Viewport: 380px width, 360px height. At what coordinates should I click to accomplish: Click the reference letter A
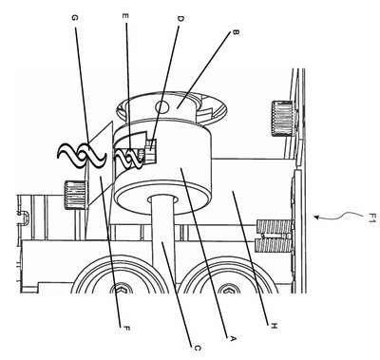(232, 339)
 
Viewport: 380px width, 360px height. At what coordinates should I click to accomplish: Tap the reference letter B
(236, 32)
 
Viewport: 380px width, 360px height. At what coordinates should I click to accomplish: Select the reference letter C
(197, 348)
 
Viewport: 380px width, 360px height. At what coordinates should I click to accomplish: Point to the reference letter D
(180, 19)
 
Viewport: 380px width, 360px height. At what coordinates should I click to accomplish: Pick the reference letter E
(125, 16)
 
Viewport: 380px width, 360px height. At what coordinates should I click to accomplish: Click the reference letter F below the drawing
(126, 329)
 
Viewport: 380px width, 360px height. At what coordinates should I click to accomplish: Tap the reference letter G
(74, 18)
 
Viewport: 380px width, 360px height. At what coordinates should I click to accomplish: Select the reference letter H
(274, 326)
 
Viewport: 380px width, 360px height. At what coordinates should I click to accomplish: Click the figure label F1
(372, 218)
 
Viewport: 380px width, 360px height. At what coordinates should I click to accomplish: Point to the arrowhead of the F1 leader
(315, 217)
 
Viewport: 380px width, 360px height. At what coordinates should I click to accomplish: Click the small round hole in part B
(162, 106)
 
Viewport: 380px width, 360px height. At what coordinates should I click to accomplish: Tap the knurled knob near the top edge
(282, 119)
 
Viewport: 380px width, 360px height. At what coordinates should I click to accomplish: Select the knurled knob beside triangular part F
(75, 195)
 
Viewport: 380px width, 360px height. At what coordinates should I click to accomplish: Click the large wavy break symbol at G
(81, 155)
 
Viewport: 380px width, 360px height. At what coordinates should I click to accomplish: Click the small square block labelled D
(151, 149)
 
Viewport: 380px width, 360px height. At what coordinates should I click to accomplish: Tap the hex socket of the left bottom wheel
(121, 289)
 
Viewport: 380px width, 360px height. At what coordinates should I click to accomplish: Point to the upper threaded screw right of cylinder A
(274, 227)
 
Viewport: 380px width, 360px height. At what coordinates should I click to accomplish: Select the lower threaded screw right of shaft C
(273, 245)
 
